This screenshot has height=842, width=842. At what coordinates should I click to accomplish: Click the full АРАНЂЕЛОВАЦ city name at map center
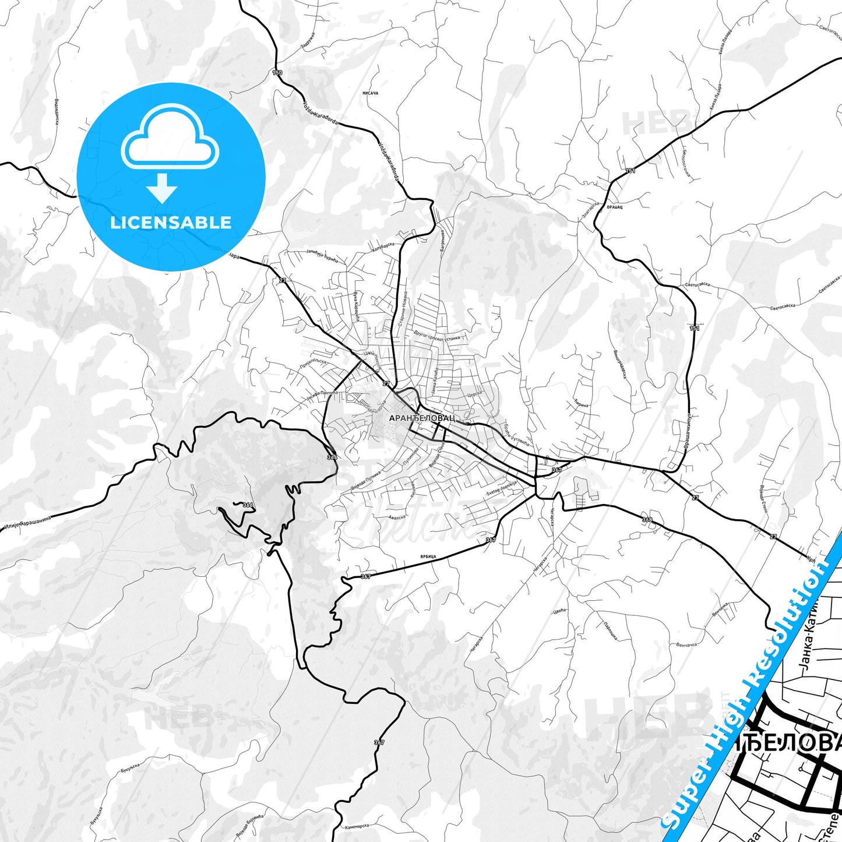(422, 418)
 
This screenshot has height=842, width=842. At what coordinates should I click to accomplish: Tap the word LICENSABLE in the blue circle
(171, 223)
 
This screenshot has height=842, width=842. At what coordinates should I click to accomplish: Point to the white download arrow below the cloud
(162, 188)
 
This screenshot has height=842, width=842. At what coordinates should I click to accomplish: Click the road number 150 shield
(277, 73)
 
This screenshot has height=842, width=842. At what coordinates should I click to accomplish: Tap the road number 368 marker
(647, 519)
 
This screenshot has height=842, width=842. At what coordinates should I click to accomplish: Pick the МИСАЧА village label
(370, 93)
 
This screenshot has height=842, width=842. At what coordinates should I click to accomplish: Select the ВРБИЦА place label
(428, 556)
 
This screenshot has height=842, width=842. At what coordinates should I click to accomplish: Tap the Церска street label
(475, 394)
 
